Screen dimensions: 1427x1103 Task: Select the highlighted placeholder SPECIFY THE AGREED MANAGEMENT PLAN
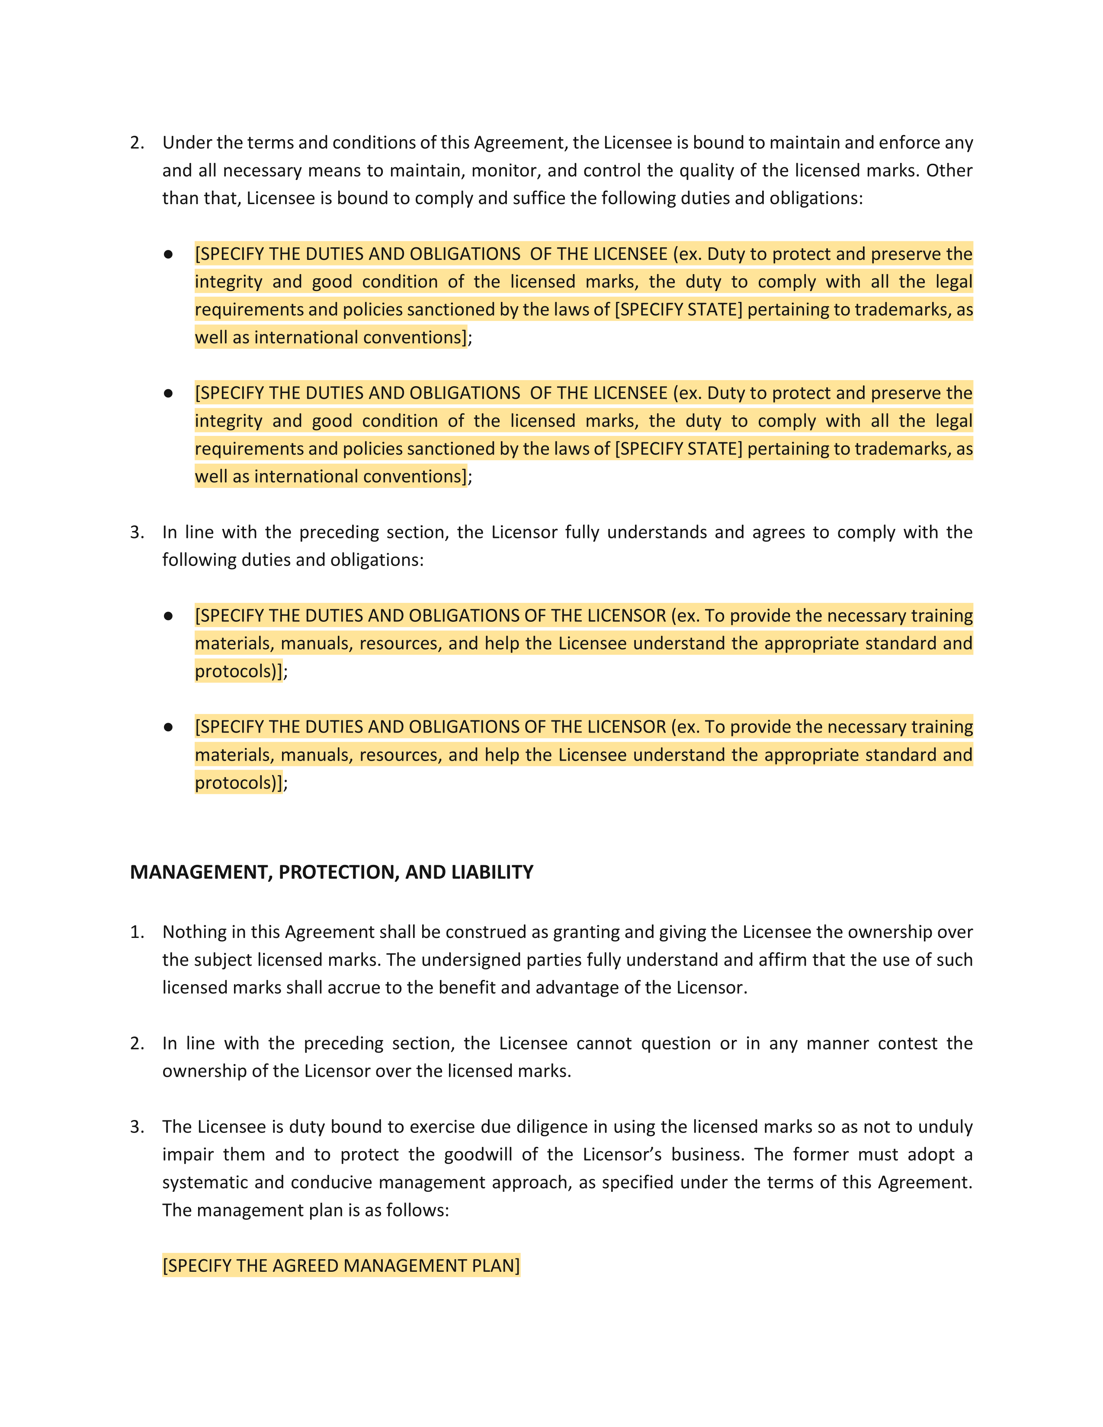[x=341, y=1266]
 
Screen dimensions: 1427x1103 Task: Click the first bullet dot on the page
[x=169, y=254]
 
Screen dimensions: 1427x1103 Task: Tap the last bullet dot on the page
[x=169, y=727]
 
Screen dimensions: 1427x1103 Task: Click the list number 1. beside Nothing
[x=137, y=932]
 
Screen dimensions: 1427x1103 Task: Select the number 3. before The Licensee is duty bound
[x=137, y=1126]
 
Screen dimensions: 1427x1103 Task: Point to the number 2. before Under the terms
[x=137, y=142]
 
